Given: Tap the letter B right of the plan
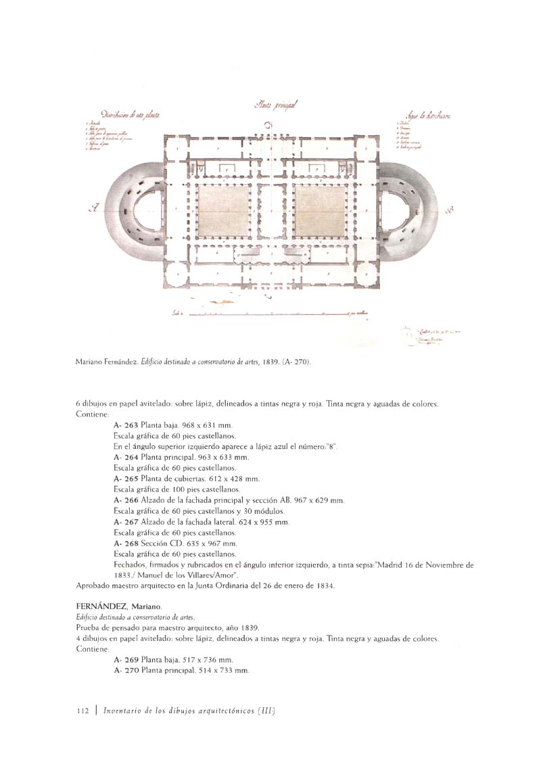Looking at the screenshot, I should (x=450, y=211).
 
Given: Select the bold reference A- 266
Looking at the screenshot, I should (x=126, y=500).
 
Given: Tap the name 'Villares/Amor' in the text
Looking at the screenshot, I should (x=210, y=573).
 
